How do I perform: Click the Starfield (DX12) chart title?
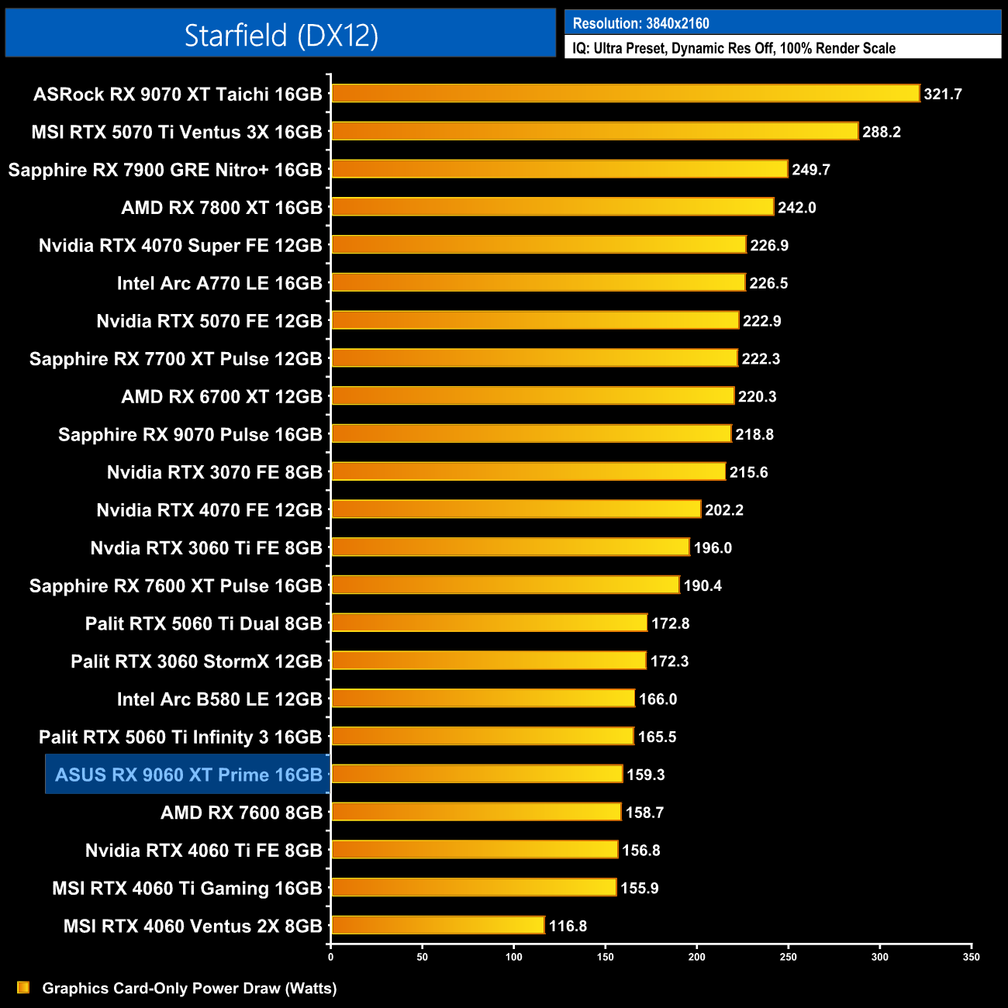coord(281,35)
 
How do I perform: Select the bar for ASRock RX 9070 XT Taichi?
coord(625,94)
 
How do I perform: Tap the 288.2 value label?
coord(882,132)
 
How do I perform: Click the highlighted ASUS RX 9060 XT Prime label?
coord(188,775)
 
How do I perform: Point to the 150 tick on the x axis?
coord(606,957)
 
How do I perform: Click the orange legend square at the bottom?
coord(23,987)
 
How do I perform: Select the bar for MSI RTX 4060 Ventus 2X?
coord(438,926)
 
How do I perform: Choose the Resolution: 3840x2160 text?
coord(641,23)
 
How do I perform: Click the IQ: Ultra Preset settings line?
coord(734,48)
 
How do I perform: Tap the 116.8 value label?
coord(568,926)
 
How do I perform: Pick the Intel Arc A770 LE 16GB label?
coord(219,283)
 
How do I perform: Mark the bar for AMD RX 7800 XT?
coord(552,207)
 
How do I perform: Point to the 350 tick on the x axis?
coord(972,957)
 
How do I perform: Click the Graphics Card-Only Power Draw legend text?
coord(189,988)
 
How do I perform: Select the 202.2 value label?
coord(724,509)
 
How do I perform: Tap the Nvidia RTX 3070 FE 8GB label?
coord(215,472)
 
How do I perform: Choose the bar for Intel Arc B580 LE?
coord(483,699)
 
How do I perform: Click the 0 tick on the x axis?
coord(331,957)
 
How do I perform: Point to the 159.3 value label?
coord(646,775)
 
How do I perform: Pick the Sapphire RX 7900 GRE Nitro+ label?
coord(165,170)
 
